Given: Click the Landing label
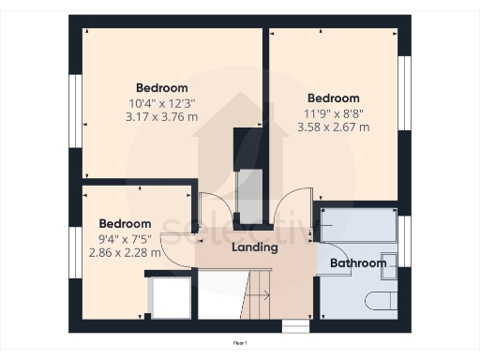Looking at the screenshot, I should pyautogui.click(x=254, y=247).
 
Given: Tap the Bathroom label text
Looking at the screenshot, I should pyautogui.click(x=358, y=263).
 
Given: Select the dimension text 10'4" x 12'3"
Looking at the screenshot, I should pyautogui.click(x=161, y=103).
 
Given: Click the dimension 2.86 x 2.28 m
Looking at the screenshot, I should pyautogui.click(x=125, y=252).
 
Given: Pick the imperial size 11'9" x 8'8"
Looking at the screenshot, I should pyautogui.click(x=333, y=112).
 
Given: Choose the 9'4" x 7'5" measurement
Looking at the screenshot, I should pyautogui.click(x=125, y=238).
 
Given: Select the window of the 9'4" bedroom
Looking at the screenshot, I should pyautogui.click(x=72, y=252).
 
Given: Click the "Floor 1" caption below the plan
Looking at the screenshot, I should pyautogui.click(x=239, y=344).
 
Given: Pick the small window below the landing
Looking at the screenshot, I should pyautogui.click(x=295, y=325).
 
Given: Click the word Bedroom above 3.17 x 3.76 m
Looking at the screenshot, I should pyautogui.click(x=161, y=89).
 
